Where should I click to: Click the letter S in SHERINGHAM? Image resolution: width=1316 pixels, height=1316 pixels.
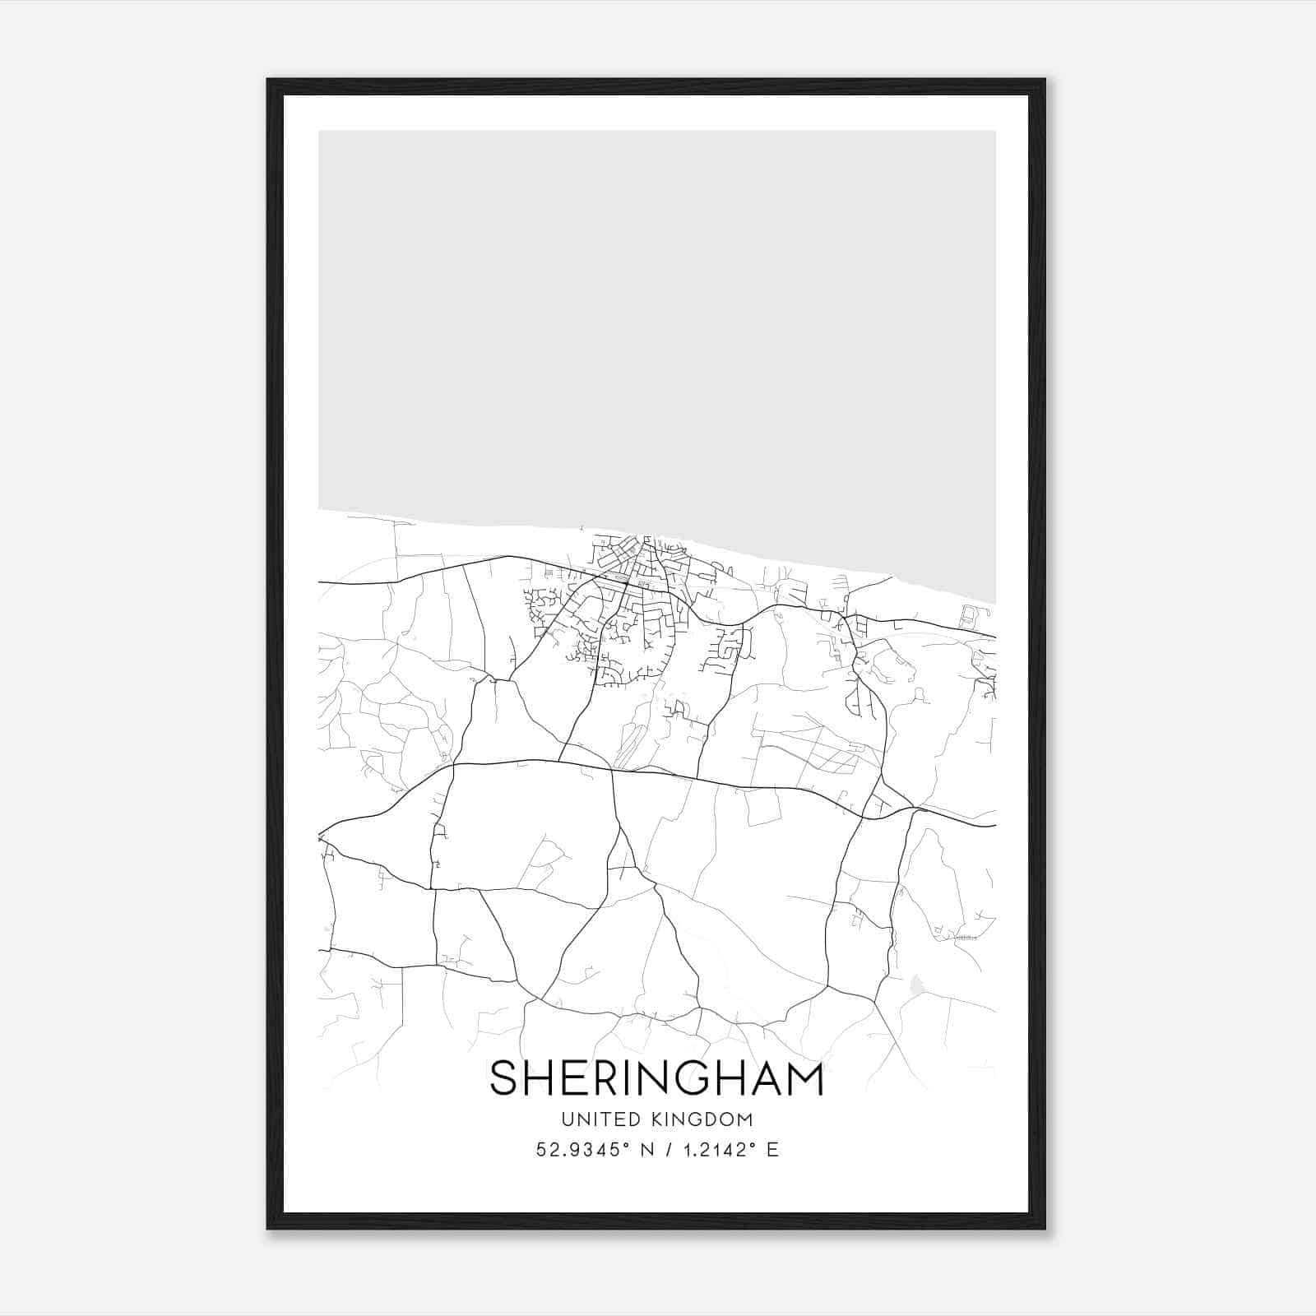[x=503, y=1078]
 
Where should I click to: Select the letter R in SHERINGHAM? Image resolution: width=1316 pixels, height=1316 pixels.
[x=609, y=1078]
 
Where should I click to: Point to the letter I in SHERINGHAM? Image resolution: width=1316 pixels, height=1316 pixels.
[x=636, y=1078]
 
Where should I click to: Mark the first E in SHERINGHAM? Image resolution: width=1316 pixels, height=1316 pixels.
[x=575, y=1078]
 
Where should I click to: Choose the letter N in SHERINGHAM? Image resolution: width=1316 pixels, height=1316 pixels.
[x=665, y=1078]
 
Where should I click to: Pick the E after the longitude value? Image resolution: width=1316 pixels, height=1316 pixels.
[x=772, y=1150]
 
